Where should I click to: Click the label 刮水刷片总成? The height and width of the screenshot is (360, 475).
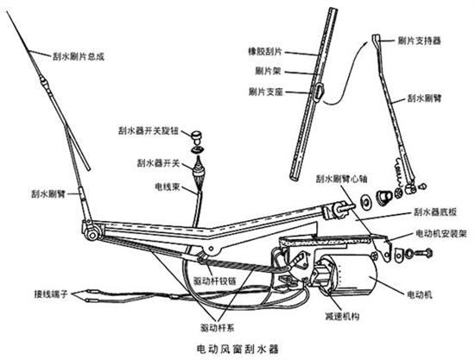pos(79,57)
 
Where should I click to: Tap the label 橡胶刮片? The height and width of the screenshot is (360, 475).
pos(265,52)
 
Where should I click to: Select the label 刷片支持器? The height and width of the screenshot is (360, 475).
pos(419,41)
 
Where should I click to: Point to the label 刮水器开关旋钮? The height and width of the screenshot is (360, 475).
pos(149,131)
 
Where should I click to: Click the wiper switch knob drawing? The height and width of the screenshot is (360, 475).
pos(197,136)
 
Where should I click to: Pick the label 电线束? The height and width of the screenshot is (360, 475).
pos(168,186)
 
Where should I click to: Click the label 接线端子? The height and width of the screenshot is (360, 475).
pos(51,294)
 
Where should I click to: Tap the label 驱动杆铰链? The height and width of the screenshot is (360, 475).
pos(214,281)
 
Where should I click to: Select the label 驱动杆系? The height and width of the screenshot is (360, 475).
pos(217,327)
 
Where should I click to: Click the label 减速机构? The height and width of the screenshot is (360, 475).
pos(342,316)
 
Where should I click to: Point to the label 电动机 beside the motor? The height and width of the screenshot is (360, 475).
pos(419,294)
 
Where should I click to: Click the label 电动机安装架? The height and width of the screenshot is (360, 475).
pos(441,233)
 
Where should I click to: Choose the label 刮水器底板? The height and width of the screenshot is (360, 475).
pos(435,212)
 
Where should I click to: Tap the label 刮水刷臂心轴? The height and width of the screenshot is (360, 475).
pos(341,179)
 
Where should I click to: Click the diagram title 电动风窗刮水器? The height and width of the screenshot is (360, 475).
pos(237,349)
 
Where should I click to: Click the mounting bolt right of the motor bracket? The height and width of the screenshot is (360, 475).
pos(423,253)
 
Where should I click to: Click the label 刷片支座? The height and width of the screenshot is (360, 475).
pos(266,92)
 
